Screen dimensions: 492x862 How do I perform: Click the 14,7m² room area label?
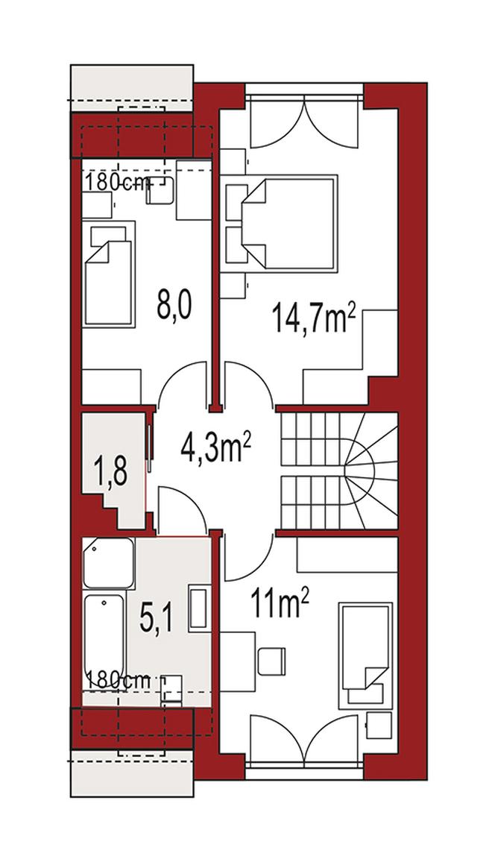point(312,319)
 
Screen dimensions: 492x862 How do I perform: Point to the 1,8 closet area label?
point(111,471)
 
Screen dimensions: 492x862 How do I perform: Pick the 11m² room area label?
point(280,602)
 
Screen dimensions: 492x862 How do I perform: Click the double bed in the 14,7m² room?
point(289,223)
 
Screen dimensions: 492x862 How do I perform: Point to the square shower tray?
point(108,564)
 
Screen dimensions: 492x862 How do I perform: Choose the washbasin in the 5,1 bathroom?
point(198,608)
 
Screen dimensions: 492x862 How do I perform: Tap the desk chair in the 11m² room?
point(272,662)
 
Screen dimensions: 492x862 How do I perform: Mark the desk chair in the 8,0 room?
point(160,191)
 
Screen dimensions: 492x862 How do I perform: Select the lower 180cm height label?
point(118,679)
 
